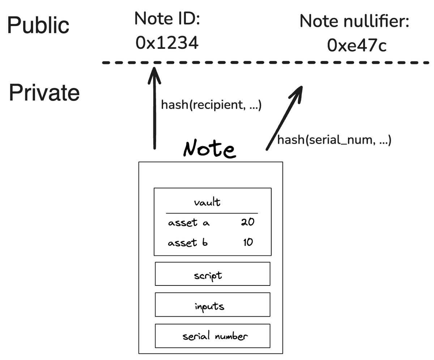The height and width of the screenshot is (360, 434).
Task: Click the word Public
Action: pyautogui.click(x=38, y=25)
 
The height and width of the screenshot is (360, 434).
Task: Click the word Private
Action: pyautogui.click(x=44, y=93)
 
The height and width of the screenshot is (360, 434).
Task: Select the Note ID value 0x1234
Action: pyautogui.click(x=167, y=43)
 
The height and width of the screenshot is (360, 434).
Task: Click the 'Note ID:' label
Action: pyautogui.click(x=167, y=18)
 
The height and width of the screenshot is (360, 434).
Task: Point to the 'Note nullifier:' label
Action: pyautogui.click(x=354, y=21)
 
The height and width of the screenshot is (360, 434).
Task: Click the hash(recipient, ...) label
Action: pyautogui.click(x=211, y=105)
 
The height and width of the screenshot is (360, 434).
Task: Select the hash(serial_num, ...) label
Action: pyautogui.click(x=334, y=140)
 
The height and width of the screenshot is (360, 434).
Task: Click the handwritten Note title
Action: pyautogui.click(x=209, y=149)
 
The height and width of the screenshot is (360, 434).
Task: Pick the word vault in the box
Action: pyautogui.click(x=207, y=202)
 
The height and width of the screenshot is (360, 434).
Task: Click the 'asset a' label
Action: pyautogui.click(x=188, y=223)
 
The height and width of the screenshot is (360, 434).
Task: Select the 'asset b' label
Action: pyautogui.click(x=188, y=242)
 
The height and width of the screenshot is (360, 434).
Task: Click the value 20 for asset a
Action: pyautogui.click(x=248, y=222)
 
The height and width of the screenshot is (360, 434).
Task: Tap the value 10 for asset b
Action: pyautogui.click(x=248, y=242)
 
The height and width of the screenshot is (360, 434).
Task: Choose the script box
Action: pyautogui.click(x=212, y=274)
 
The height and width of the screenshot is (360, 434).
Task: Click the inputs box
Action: pyautogui.click(x=212, y=305)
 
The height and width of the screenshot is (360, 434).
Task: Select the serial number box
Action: pyautogui.click(x=212, y=336)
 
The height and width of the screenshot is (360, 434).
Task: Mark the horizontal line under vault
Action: pyautogui.click(x=212, y=213)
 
